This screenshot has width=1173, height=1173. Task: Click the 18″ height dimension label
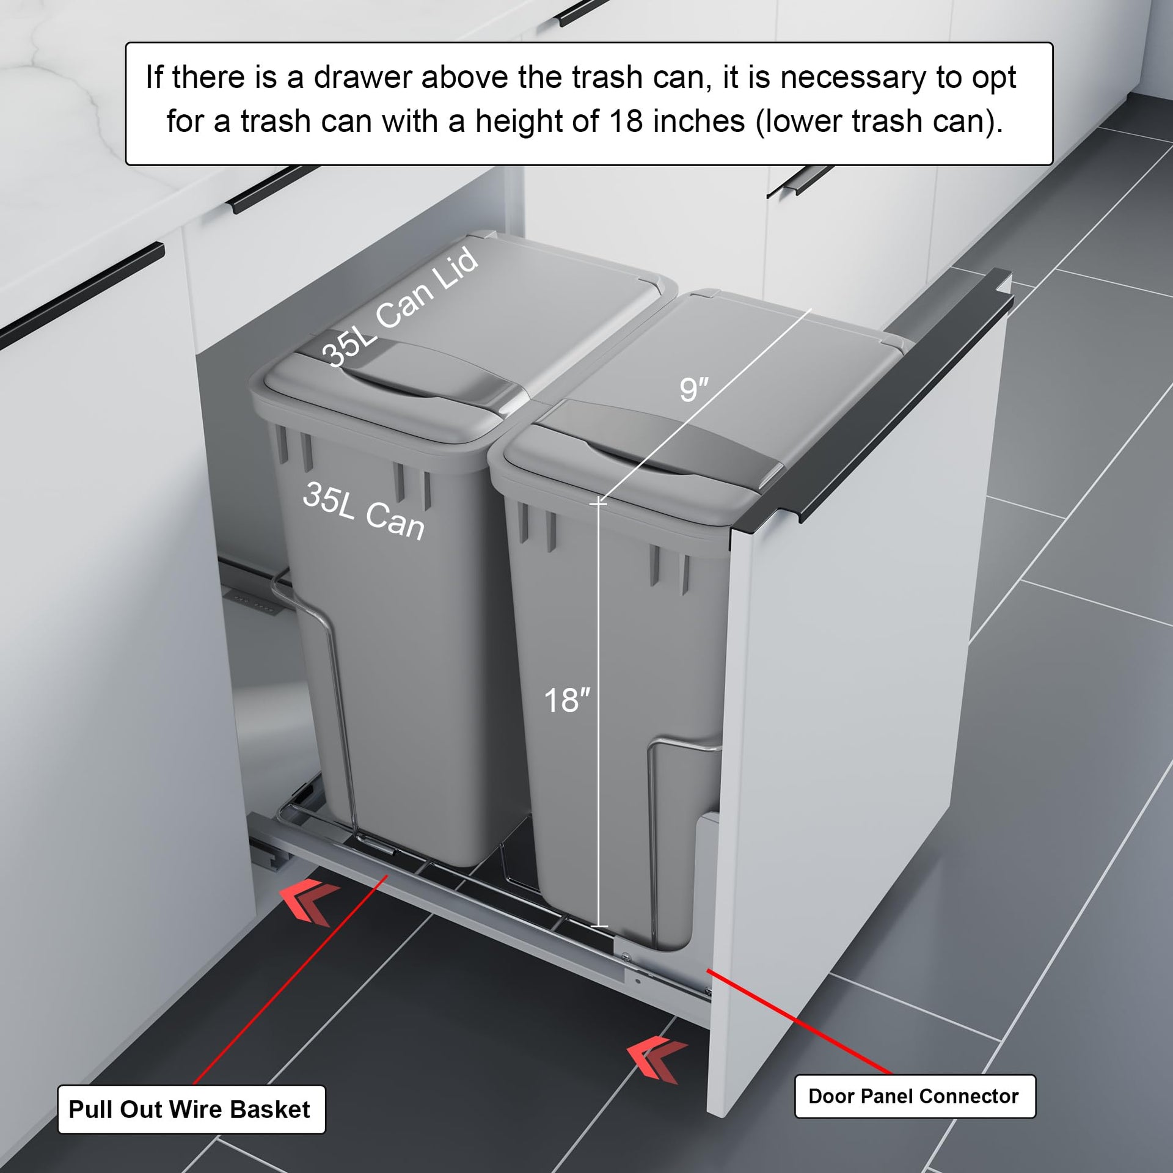(x=568, y=700)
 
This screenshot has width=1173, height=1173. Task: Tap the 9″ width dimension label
(x=694, y=389)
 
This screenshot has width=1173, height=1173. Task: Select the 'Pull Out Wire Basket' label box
(x=191, y=1109)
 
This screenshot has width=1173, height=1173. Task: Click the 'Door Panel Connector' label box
(x=915, y=1096)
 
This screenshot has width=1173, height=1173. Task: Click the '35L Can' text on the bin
(x=364, y=511)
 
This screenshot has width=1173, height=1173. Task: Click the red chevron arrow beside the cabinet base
(x=309, y=902)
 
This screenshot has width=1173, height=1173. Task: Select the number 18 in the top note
(x=626, y=120)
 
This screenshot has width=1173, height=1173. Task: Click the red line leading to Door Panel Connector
(x=799, y=1021)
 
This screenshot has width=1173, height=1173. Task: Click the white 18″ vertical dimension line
(x=599, y=715)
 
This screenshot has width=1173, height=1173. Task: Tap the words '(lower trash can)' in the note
(x=879, y=121)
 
